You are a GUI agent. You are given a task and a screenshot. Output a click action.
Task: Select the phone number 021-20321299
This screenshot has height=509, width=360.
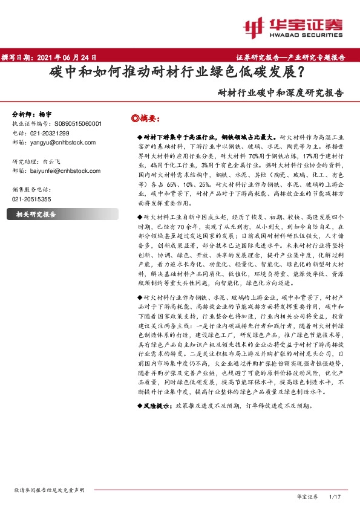pyautogui.click(x=49, y=133)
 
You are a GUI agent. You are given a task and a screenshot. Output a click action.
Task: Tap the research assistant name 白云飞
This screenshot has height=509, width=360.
pyautogui.click(x=53, y=162)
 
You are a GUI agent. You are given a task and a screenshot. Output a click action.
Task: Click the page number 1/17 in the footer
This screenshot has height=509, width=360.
pyautogui.click(x=335, y=496)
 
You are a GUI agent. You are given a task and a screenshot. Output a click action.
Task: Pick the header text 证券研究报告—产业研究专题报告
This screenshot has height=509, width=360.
pyautogui.click(x=290, y=57)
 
